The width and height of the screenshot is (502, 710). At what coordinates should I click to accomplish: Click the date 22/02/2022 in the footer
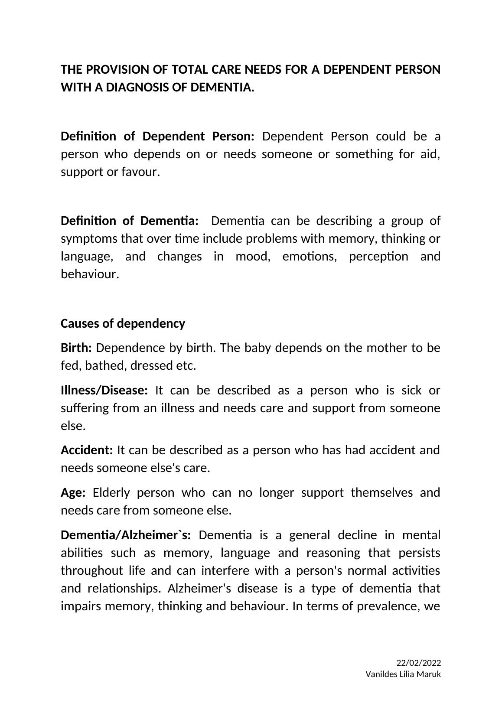[x=418, y=663]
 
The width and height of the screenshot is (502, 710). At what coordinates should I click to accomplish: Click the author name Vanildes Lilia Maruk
[x=403, y=674]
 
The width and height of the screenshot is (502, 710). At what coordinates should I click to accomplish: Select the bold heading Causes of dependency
[x=123, y=323]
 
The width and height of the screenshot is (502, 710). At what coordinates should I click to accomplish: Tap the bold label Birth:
[x=76, y=348]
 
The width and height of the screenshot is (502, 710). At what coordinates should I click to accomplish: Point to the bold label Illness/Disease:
[x=104, y=390]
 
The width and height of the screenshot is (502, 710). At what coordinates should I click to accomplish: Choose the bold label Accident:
[x=87, y=450]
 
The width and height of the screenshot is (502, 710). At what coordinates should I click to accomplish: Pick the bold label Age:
[x=73, y=492]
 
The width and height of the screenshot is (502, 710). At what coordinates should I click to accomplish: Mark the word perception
[x=378, y=257]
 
